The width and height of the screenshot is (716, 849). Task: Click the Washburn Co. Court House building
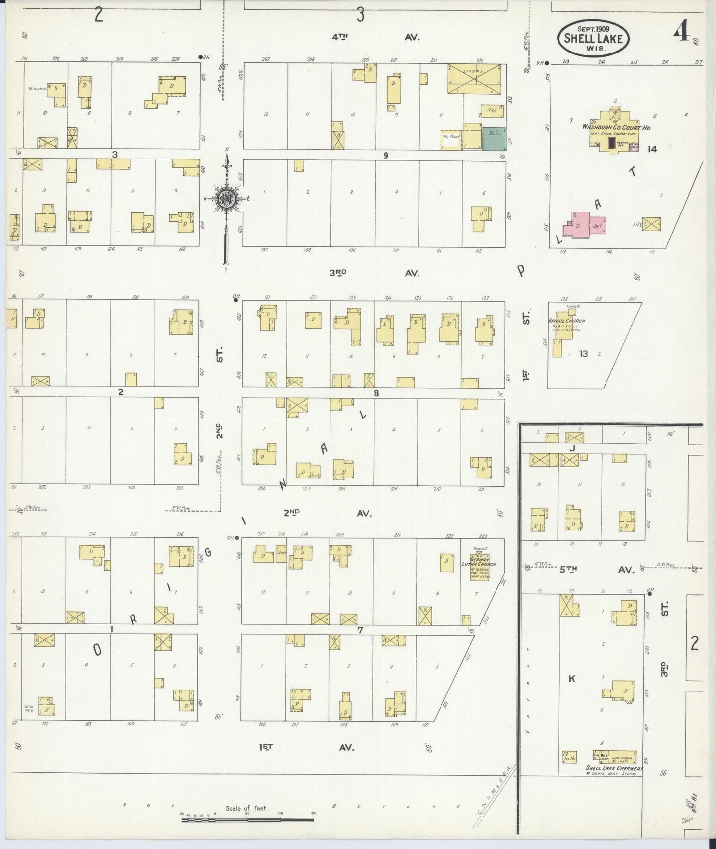coord(616,127)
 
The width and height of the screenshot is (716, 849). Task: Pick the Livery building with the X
coord(477,78)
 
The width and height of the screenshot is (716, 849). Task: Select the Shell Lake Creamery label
coord(613,768)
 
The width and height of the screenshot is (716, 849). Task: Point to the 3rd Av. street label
coord(374,273)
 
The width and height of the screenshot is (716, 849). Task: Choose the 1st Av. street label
coord(306,747)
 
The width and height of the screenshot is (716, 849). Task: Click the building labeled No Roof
coord(451,139)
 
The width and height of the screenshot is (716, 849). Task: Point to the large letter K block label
coord(571,678)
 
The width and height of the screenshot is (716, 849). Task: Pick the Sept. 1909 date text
coord(593,28)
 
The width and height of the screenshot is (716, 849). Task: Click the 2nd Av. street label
coord(326,514)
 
